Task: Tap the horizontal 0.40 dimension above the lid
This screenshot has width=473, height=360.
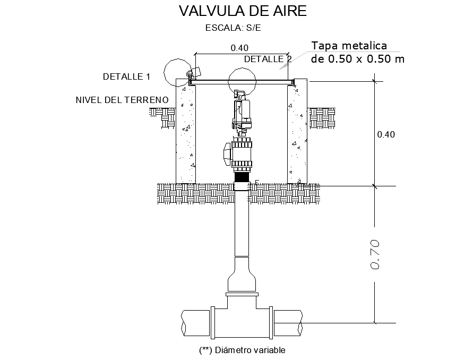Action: coord(239,48)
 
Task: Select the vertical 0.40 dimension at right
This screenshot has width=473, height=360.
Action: coord(386,134)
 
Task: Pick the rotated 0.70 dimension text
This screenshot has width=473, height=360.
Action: coord(374,254)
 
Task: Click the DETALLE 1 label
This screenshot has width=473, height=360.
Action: coord(126,76)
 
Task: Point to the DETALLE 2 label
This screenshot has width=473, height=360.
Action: coord(268,59)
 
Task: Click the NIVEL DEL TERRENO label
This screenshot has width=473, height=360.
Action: coord(122,100)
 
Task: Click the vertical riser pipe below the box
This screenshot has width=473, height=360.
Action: coord(242,223)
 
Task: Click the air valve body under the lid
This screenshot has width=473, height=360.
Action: coord(242,114)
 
